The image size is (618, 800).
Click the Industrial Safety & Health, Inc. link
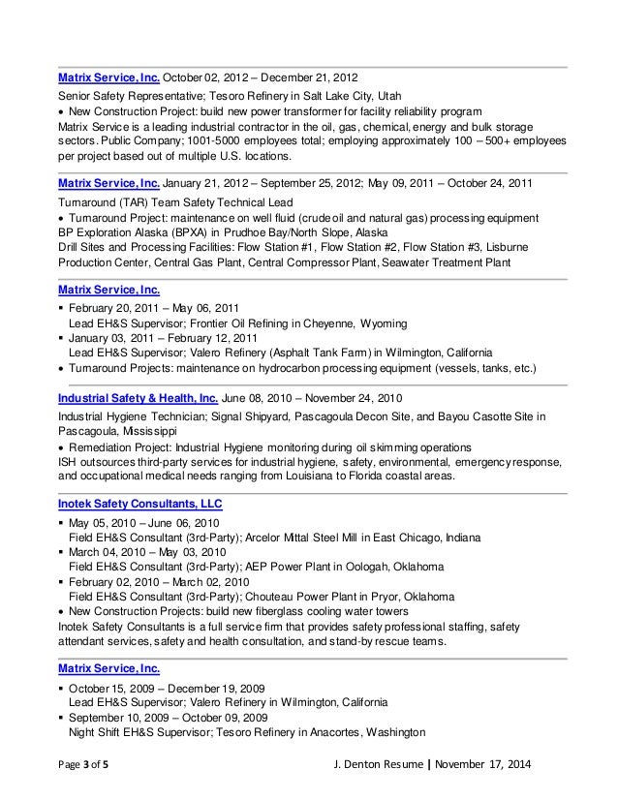pyautogui.click(x=139, y=398)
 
